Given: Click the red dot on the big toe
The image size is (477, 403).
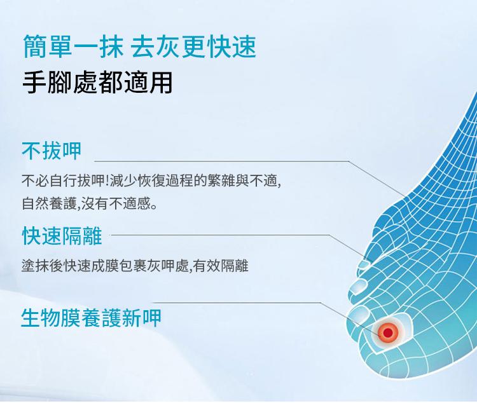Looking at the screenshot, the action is click(387, 332).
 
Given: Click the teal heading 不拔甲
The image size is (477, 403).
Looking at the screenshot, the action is click(52, 151).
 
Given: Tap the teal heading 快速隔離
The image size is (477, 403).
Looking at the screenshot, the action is click(62, 236).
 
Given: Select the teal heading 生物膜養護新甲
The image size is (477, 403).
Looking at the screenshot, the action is click(91, 318).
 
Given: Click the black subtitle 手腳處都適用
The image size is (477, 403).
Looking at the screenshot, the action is click(97, 82).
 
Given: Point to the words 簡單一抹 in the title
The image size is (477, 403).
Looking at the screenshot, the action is click(73, 46).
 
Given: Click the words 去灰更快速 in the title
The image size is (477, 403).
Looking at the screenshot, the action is click(193, 46).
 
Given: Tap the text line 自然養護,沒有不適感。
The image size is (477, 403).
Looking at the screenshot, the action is click(90, 203).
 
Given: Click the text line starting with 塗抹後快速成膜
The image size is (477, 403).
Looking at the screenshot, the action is click(135, 266).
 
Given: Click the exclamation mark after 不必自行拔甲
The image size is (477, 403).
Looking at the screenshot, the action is click(107, 181).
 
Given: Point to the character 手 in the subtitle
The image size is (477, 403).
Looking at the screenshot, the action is click(34, 82).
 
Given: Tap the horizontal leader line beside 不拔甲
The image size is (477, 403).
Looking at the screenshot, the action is click(222, 161).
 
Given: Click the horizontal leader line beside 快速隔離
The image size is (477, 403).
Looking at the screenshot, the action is click(221, 235).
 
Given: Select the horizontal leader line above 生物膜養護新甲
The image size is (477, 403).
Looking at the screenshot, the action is click(237, 303).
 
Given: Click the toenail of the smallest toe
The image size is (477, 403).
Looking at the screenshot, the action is click(364, 264).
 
